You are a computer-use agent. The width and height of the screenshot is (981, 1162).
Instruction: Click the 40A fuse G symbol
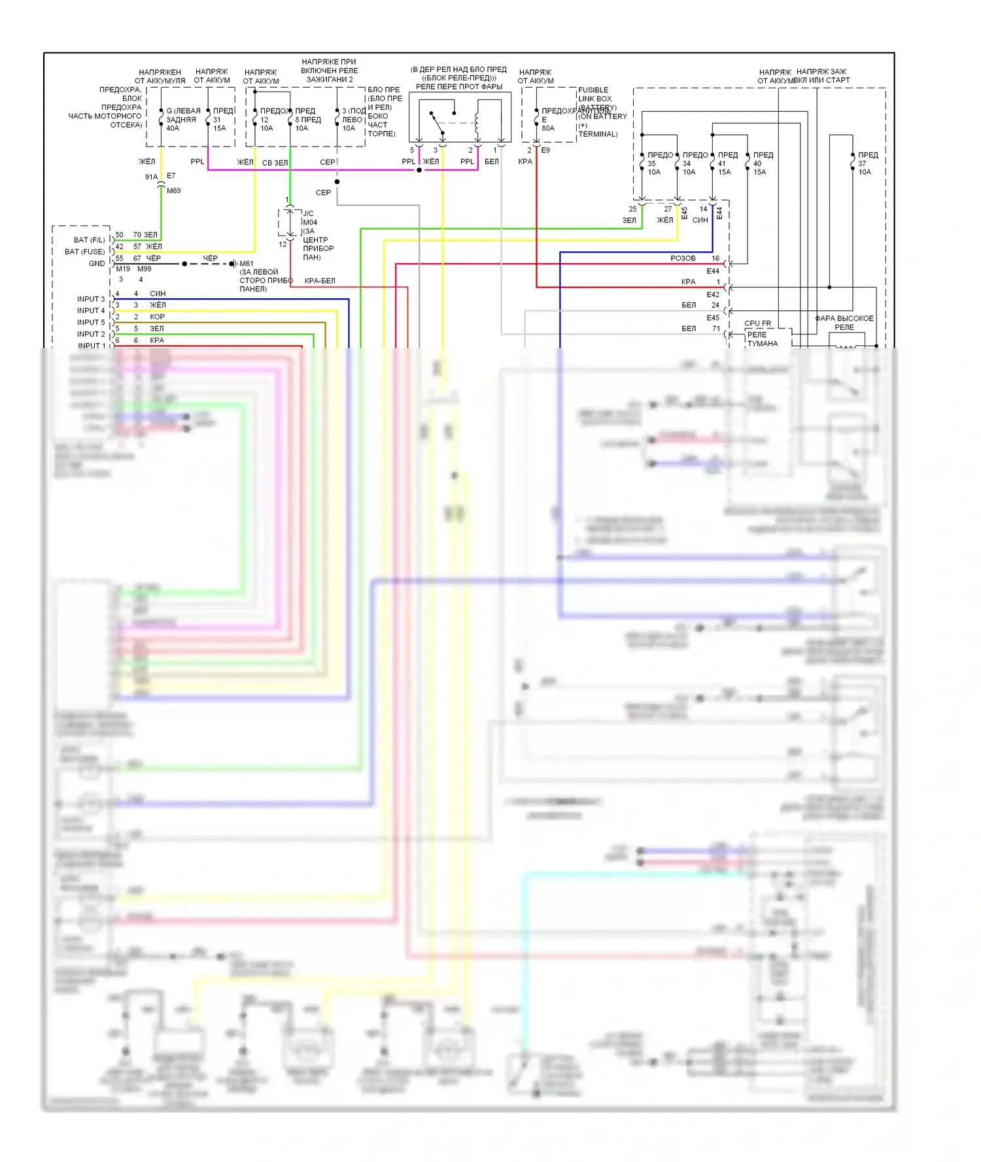click(x=161, y=120)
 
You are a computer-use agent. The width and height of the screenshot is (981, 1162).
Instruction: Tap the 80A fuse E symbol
click(x=536, y=120)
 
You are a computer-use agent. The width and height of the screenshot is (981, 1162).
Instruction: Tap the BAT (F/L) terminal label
click(x=89, y=240)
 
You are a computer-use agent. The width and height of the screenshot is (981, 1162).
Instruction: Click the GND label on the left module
click(x=96, y=264)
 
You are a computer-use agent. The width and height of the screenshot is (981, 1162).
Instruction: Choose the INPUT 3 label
click(x=90, y=299)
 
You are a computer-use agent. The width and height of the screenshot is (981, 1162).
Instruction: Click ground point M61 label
click(x=247, y=264)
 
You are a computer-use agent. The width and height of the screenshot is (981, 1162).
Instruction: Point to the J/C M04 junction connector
click(x=290, y=222)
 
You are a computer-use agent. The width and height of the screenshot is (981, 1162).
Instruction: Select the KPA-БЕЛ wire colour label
click(x=320, y=281)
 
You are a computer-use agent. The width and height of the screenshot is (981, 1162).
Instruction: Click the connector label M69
click(x=173, y=190)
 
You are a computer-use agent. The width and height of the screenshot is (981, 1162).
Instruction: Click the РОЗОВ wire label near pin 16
click(x=683, y=258)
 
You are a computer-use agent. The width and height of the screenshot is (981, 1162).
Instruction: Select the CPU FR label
click(x=757, y=323)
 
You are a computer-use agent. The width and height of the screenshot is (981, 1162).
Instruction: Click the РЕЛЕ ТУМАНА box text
click(x=763, y=339)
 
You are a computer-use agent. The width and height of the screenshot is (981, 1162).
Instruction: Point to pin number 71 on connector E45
click(x=716, y=328)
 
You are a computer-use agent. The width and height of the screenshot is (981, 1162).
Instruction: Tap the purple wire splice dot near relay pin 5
click(x=419, y=170)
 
